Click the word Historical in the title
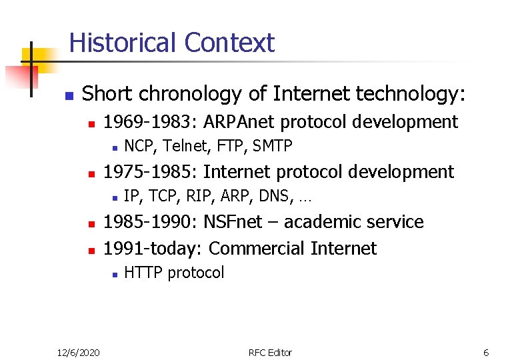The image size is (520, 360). pyautogui.click(x=124, y=43)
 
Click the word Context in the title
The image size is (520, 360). pyautogui.click(x=229, y=43)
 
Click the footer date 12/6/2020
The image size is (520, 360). pyautogui.click(x=77, y=352)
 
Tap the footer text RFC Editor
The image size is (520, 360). pyautogui.click(x=269, y=352)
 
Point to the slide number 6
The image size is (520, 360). pyautogui.click(x=486, y=352)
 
